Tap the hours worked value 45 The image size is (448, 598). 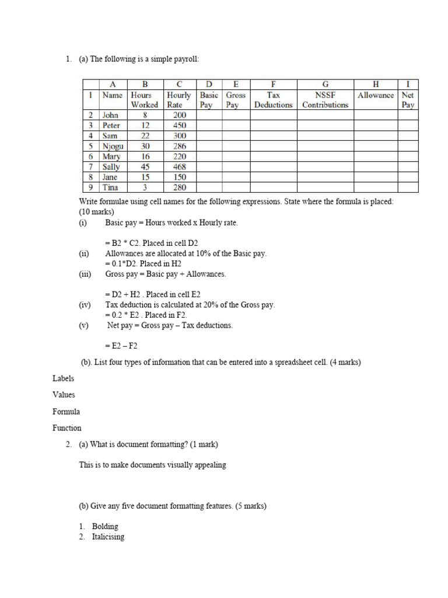pyautogui.click(x=145, y=166)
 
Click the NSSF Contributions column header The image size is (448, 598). pyautogui.click(x=325, y=100)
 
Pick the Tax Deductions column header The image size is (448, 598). pyautogui.click(x=274, y=100)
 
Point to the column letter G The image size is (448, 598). pyautogui.click(x=325, y=84)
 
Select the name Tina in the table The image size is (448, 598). pyautogui.click(x=110, y=187)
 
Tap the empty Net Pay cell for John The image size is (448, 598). pyautogui.click(x=408, y=115)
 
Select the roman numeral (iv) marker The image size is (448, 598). pyautogui.click(x=85, y=305)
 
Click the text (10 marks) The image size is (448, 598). pyautogui.click(x=97, y=212)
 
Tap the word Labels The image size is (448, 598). pyautogui.click(x=63, y=378)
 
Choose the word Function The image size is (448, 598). pyautogui.click(x=67, y=427)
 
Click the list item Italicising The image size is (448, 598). pyautogui.click(x=108, y=537)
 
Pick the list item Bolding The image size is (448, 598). pyautogui.click(x=105, y=526)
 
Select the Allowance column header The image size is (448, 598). pyautogui.click(x=376, y=95)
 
